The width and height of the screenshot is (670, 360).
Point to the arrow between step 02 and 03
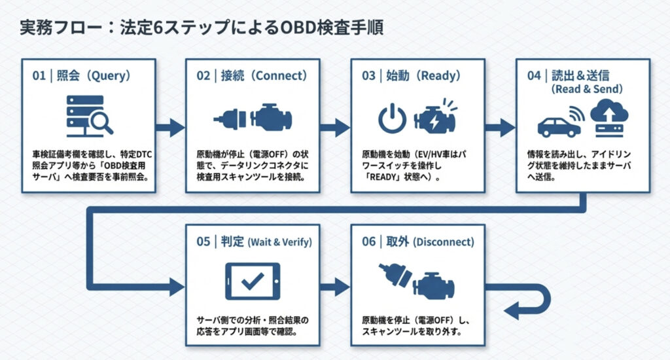pos(336,127)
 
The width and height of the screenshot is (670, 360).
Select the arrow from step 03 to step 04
pos(501,127)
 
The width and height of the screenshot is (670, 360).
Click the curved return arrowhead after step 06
pos(517,310)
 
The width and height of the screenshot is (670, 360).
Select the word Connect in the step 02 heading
pos(280,76)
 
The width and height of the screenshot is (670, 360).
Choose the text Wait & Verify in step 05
pos(279,242)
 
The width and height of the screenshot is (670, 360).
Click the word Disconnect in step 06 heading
pos(444,242)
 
